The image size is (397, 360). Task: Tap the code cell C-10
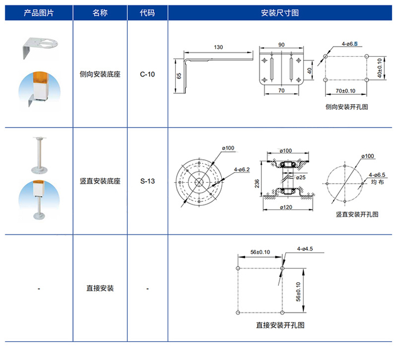click(x=148, y=75)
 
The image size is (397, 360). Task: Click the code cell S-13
click(x=148, y=181)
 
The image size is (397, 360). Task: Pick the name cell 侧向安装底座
click(x=100, y=75)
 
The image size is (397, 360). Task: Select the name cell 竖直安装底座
click(x=100, y=181)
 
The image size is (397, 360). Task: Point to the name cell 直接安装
click(x=100, y=289)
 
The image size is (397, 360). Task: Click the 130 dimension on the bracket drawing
click(x=219, y=48)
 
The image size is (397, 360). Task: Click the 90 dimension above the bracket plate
click(x=281, y=44)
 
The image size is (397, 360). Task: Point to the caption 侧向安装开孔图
click(x=347, y=106)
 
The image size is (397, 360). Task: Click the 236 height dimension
click(x=257, y=183)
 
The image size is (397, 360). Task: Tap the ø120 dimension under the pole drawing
click(x=286, y=208)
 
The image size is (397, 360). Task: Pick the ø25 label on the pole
click(x=300, y=177)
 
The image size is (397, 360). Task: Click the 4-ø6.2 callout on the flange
click(x=241, y=169)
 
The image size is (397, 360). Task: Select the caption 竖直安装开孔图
click(x=357, y=214)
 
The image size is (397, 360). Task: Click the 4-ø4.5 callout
click(x=305, y=248)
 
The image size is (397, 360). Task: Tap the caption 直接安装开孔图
click(x=280, y=325)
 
